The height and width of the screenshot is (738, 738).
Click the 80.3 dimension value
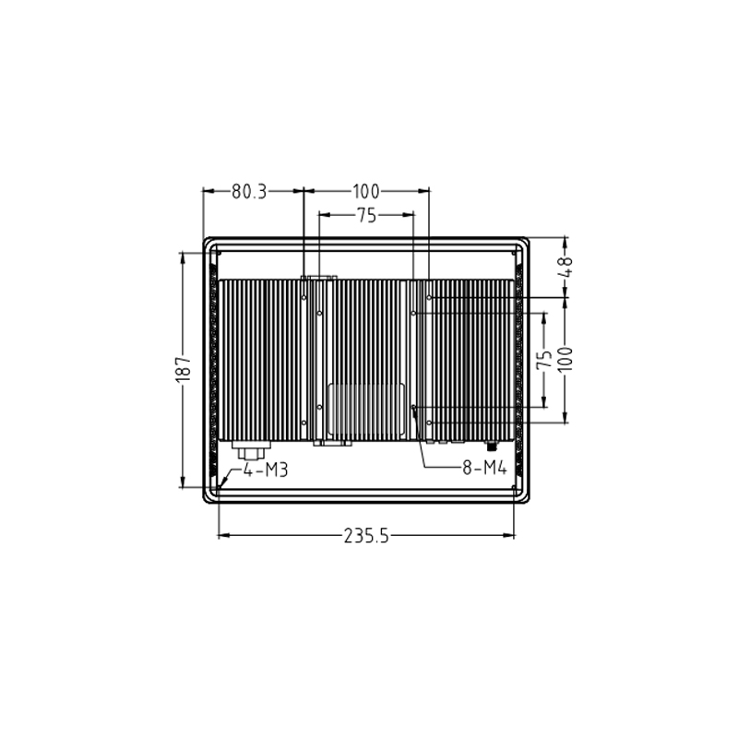[x=248, y=192]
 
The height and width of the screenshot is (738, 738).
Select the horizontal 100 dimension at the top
[x=365, y=192]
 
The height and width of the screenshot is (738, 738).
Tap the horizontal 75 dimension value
[x=365, y=216]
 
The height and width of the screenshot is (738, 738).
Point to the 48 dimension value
[x=566, y=265]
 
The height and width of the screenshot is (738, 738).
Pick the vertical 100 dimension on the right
[x=566, y=357]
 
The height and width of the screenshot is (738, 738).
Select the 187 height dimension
[x=183, y=369]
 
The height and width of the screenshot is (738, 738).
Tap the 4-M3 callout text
[x=266, y=470]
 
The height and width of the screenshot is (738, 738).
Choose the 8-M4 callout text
[x=485, y=469]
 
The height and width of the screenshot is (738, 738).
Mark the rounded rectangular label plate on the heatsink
[x=366, y=409]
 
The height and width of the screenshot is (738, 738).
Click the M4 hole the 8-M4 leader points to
[x=414, y=407]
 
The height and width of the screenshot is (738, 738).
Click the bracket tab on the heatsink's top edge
[x=319, y=276]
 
